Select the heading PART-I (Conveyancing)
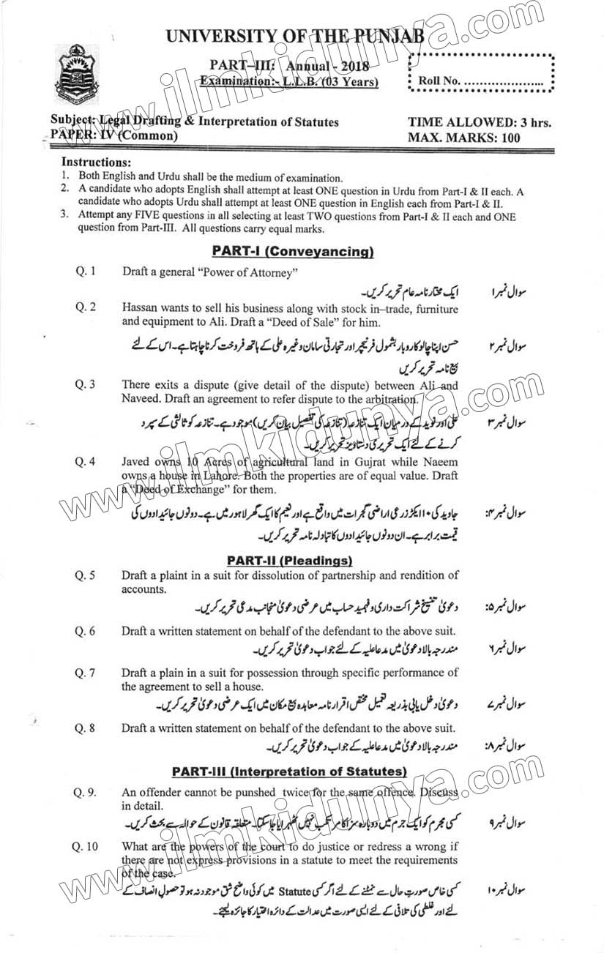click(293, 252)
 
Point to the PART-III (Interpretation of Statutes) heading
click(289, 771)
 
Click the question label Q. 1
click(86, 272)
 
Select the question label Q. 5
click(86, 575)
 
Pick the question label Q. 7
click(86, 673)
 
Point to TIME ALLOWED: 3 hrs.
click(480, 122)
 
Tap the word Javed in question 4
click(138, 463)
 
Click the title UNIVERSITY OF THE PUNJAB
click(296, 35)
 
